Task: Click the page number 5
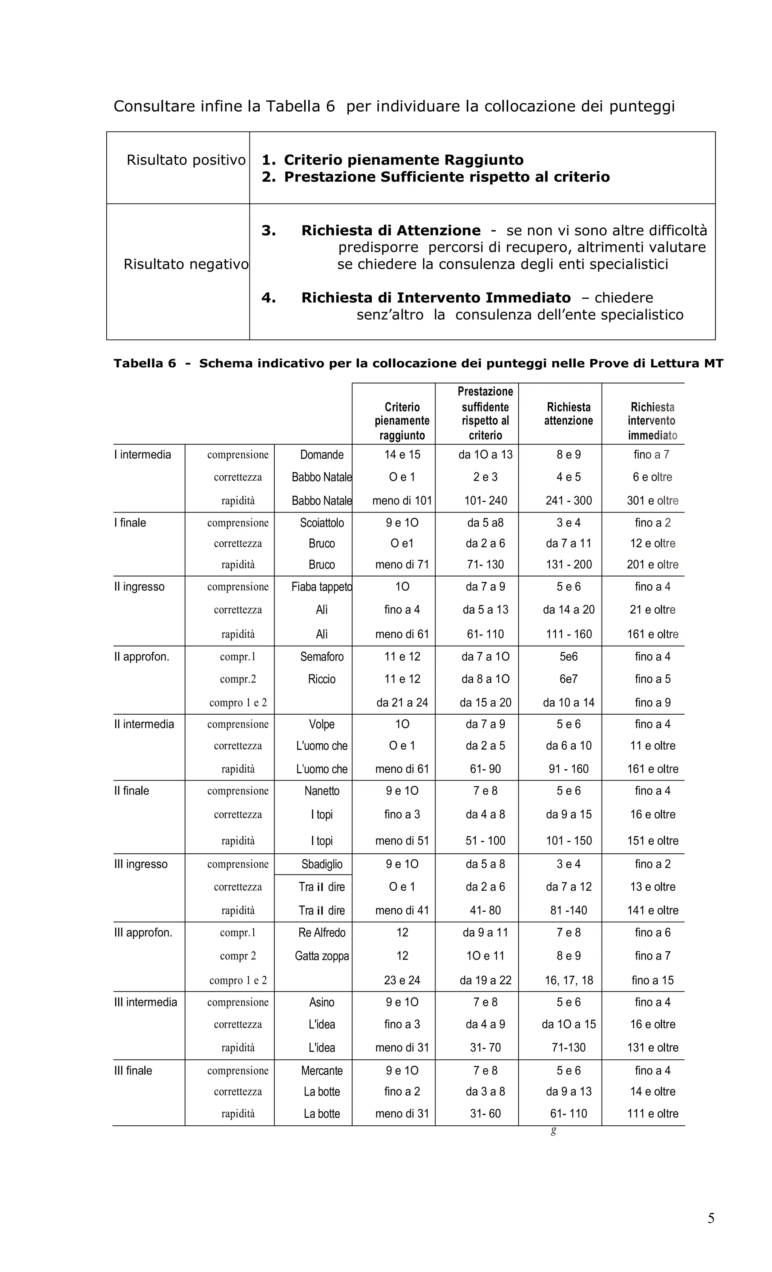711,1218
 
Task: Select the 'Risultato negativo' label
186,264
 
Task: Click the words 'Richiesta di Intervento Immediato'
436,298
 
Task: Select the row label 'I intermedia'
142,454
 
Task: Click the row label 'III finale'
133,1070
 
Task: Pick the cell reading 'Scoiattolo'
322,522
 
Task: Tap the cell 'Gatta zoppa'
322,956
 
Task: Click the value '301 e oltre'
652,500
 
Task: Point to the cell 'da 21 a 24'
402,702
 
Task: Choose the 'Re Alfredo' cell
322,932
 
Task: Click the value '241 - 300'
569,500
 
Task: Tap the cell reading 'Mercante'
322,1070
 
